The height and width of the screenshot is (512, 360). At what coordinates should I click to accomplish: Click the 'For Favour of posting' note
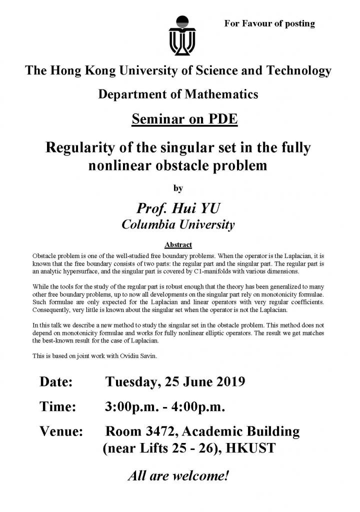(270, 23)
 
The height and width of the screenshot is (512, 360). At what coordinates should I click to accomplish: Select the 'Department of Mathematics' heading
(178, 93)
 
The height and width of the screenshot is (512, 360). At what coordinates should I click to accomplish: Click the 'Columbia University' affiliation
(178, 224)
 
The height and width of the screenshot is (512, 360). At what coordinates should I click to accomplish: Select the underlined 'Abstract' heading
(178, 245)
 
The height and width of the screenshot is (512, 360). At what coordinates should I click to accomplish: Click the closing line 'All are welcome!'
(178, 475)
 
